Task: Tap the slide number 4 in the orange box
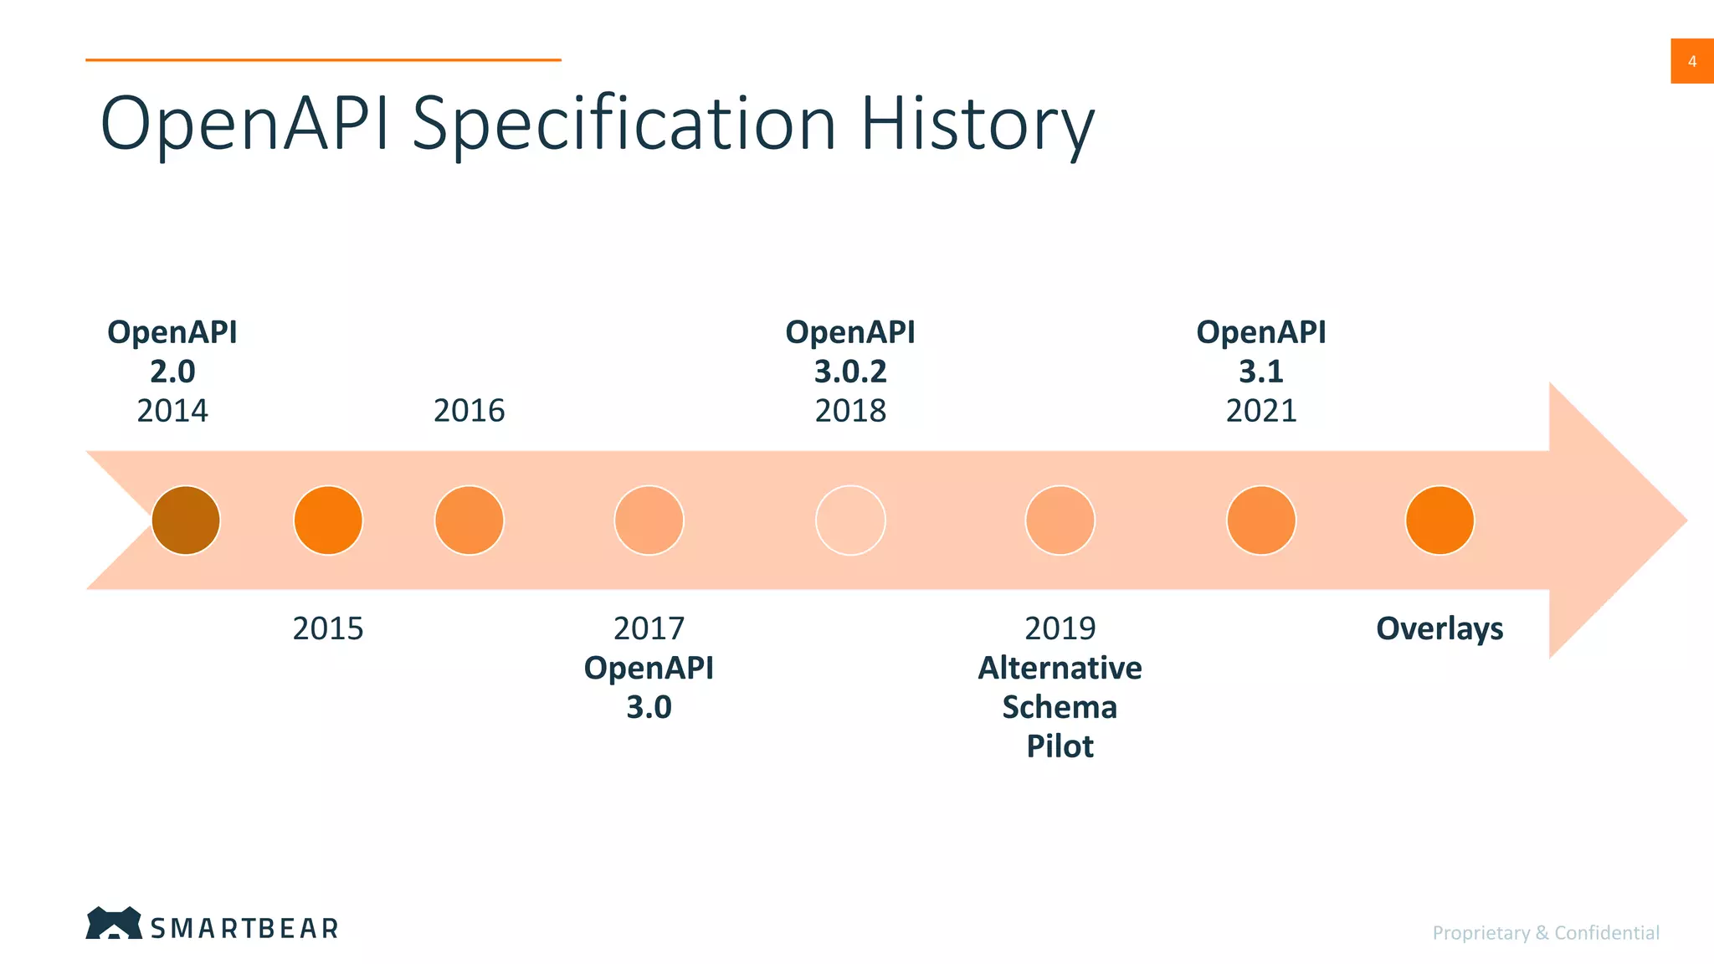point(1691,61)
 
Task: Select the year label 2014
point(172,411)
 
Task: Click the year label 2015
point(328,628)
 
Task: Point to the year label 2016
point(469,411)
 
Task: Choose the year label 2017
point(649,628)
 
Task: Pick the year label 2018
point(850,411)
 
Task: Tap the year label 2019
point(1060,628)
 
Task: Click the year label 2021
point(1261,411)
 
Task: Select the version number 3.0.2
point(850,372)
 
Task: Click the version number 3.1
point(1261,372)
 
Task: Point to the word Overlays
point(1439,628)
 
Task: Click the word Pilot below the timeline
point(1060,746)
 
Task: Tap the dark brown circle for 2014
point(186,520)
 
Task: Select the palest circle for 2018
point(850,520)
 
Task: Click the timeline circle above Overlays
point(1439,520)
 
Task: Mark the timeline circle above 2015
point(328,520)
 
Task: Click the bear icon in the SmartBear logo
point(114,924)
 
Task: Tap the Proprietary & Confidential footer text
point(1545,933)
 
